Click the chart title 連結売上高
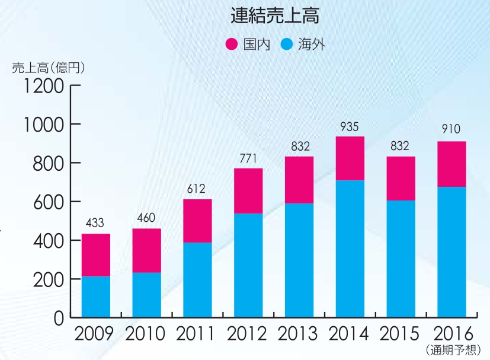[x=274, y=16]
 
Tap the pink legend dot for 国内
[x=232, y=44]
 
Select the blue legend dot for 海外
[x=287, y=44]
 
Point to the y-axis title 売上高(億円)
[x=49, y=68]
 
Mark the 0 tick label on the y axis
[x=58, y=318]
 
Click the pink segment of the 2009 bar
[x=96, y=255]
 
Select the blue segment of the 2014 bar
[x=350, y=249]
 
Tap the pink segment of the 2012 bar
[x=248, y=191]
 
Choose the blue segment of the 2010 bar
[x=146, y=295]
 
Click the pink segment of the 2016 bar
[x=451, y=164]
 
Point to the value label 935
[x=350, y=126]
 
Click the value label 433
[x=95, y=224]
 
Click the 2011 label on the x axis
[x=197, y=333]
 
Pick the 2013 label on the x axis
[x=299, y=333]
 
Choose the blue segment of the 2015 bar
[x=401, y=259]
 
